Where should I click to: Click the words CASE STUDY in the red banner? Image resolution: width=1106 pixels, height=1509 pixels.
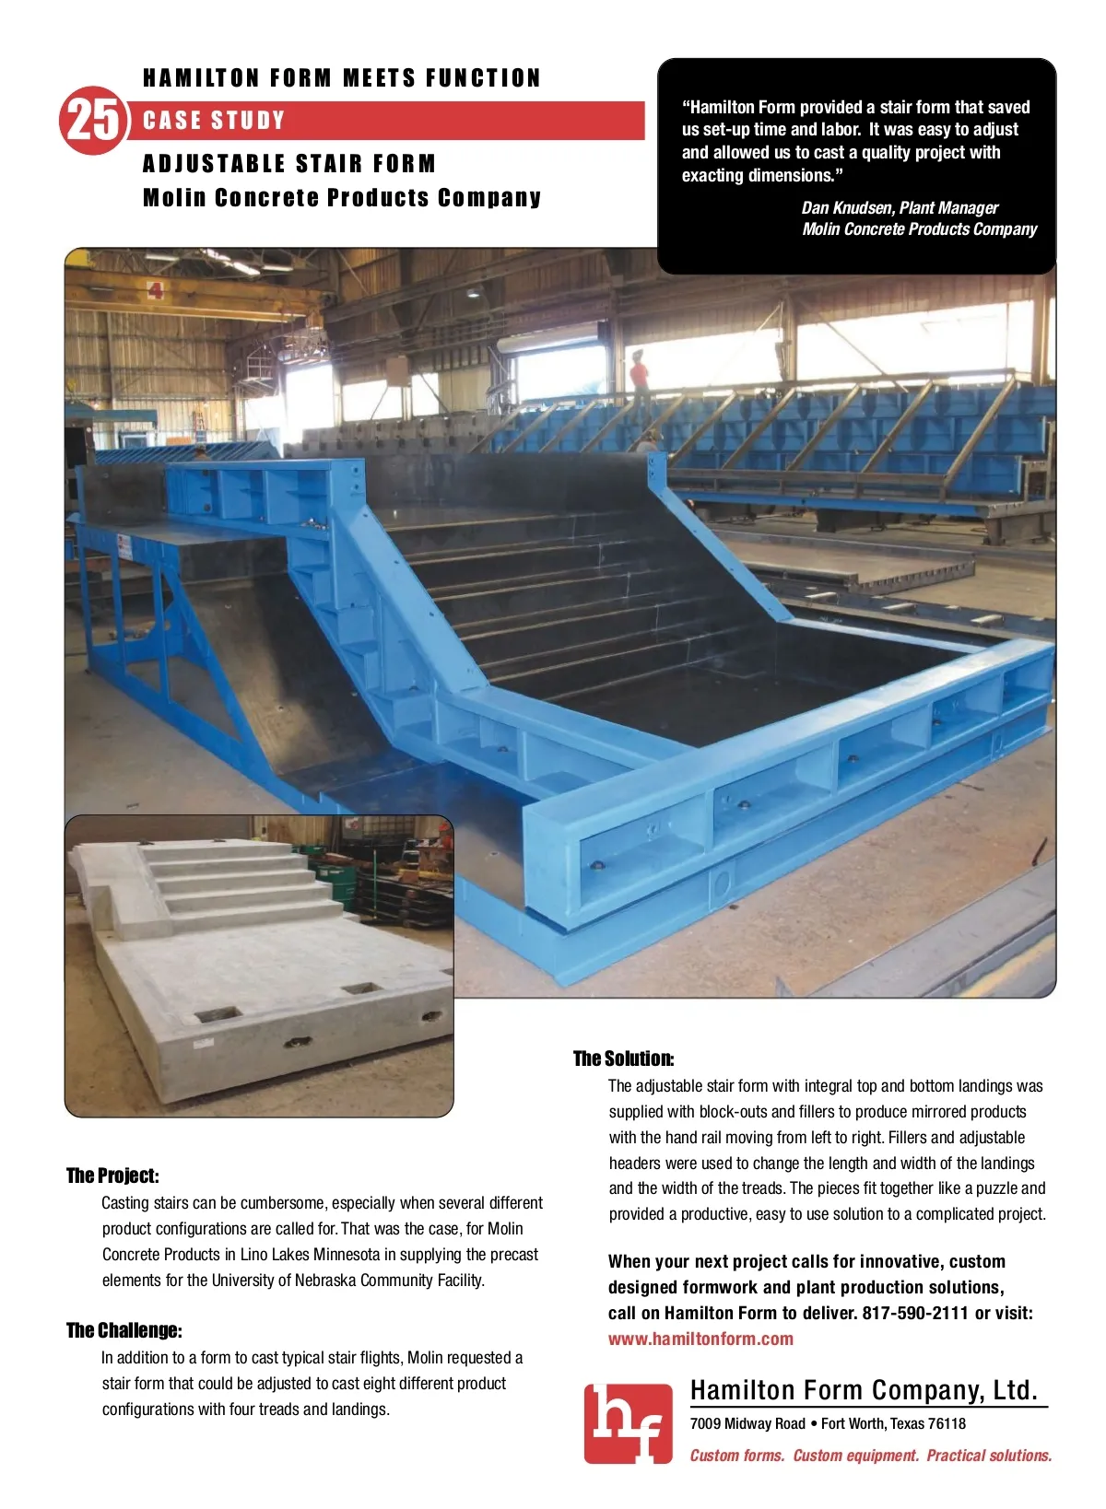pyautogui.click(x=214, y=121)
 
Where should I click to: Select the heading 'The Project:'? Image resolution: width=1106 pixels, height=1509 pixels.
pyautogui.click(x=112, y=1176)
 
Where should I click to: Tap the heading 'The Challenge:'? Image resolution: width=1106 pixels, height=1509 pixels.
pyautogui.click(x=124, y=1330)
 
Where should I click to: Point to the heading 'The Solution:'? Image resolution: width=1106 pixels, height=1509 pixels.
pyautogui.click(x=623, y=1059)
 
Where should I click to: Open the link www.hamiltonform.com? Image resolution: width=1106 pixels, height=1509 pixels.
pyautogui.click(x=700, y=1339)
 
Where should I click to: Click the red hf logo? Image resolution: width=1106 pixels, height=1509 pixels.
pyautogui.click(x=628, y=1423)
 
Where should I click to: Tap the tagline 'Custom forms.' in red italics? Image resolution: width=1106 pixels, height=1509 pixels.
pyautogui.click(x=737, y=1456)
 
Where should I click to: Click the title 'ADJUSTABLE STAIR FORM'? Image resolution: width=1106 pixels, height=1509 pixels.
pyautogui.click(x=289, y=164)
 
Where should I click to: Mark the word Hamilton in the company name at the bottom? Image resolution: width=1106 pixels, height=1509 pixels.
pyautogui.click(x=742, y=1390)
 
